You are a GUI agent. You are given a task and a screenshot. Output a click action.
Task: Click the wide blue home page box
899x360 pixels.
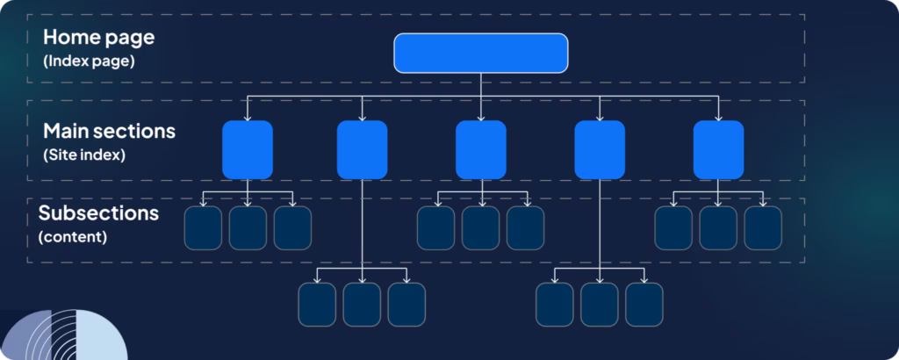480,53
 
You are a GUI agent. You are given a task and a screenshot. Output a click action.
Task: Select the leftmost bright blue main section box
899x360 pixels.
248,149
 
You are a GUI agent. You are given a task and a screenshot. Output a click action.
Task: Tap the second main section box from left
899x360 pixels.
362,149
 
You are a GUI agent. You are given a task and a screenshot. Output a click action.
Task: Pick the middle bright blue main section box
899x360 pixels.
481,149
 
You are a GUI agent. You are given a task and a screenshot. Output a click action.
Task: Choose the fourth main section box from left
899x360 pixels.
600,149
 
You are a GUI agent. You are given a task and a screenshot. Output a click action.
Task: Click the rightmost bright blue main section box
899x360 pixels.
718,149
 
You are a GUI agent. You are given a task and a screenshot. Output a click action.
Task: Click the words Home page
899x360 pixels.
98,38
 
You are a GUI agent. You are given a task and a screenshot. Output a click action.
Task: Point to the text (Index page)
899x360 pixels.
89,61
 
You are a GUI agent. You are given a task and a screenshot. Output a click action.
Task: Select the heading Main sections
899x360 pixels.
109,131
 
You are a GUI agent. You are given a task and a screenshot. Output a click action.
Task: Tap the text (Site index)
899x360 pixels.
84,155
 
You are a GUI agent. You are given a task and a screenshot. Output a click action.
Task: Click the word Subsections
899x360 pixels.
98,212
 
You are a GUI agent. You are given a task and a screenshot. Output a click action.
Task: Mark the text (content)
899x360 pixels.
72,237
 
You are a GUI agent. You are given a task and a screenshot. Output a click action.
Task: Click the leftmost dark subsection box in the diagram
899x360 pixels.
203,228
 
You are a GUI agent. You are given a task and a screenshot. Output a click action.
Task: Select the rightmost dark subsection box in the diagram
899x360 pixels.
763,228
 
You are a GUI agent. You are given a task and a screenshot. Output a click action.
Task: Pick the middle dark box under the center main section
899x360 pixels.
480,228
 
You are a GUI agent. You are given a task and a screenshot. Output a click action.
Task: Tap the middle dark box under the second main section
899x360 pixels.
362,305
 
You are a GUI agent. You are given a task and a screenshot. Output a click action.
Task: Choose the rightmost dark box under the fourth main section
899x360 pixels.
644,305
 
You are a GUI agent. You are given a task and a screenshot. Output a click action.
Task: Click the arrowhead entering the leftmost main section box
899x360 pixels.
248,118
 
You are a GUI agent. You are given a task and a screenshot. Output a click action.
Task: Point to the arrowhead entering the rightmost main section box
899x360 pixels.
718,118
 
